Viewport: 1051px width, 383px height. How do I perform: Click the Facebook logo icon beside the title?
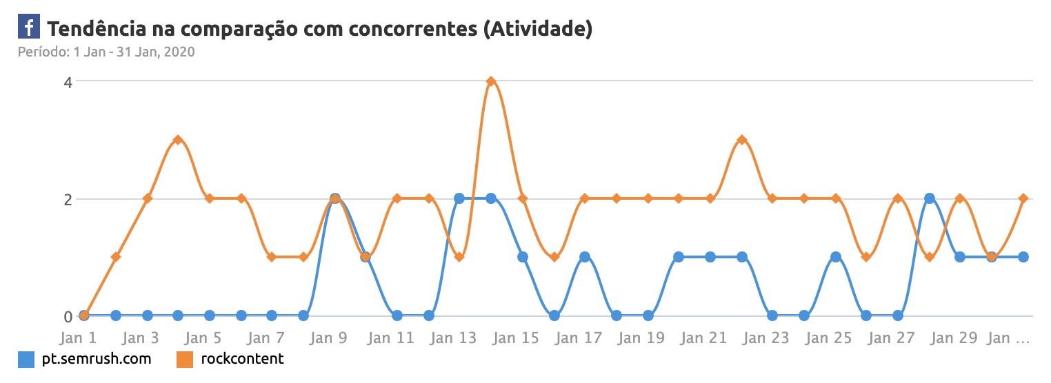tap(28, 28)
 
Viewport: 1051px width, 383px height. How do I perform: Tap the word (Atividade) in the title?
tap(538, 28)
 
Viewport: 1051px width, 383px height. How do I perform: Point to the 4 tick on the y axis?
tap(68, 81)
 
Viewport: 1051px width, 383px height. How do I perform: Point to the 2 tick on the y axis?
tap(68, 199)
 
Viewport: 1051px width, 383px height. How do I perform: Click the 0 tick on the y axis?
tap(68, 317)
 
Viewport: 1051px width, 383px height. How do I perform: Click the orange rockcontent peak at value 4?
tap(491, 81)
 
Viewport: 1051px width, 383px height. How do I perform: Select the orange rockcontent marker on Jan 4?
tap(178, 140)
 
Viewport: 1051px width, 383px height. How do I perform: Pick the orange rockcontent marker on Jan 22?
tap(742, 140)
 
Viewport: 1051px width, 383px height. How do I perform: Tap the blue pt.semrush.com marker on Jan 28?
tap(930, 198)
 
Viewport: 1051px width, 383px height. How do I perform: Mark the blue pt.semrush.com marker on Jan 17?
tap(585, 257)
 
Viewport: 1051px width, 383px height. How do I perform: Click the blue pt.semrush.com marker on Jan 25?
tap(836, 257)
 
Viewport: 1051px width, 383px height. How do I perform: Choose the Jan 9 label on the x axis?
tap(329, 338)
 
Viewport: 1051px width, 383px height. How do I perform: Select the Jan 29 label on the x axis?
tap(954, 338)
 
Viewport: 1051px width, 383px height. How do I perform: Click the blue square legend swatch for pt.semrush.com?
tap(26, 359)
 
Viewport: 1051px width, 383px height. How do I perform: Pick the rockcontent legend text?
tap(242, 359)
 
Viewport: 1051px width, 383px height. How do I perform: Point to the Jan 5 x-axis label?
tap(203, 338)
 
